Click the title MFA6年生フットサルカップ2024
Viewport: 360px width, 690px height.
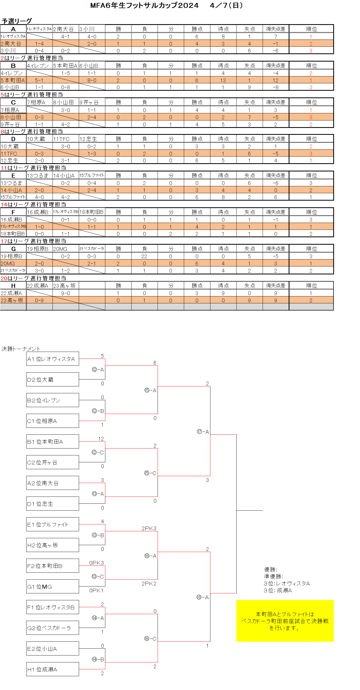144,5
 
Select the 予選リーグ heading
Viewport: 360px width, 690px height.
17,21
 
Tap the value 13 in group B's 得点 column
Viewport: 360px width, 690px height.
223,80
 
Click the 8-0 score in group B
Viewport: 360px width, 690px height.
92,80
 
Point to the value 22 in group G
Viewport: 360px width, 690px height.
144,256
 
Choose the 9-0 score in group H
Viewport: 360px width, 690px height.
66,293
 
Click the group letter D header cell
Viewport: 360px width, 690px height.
13,139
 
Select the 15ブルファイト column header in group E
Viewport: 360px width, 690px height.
92,175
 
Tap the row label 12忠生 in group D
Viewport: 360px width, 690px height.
10,161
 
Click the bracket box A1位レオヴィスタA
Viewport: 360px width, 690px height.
53,359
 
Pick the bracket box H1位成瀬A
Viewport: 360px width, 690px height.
53,669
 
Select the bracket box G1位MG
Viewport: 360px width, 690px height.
53,586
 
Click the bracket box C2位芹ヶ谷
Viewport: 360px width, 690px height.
53,462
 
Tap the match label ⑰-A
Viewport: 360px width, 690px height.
203,432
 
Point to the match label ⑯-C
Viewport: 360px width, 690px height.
150,639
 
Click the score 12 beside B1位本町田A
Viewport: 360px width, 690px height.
101,439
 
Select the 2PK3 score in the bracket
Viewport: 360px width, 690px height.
149,528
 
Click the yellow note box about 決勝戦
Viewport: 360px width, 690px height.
285,621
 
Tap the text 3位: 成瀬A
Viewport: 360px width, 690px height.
278,590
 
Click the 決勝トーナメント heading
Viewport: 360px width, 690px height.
21,349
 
